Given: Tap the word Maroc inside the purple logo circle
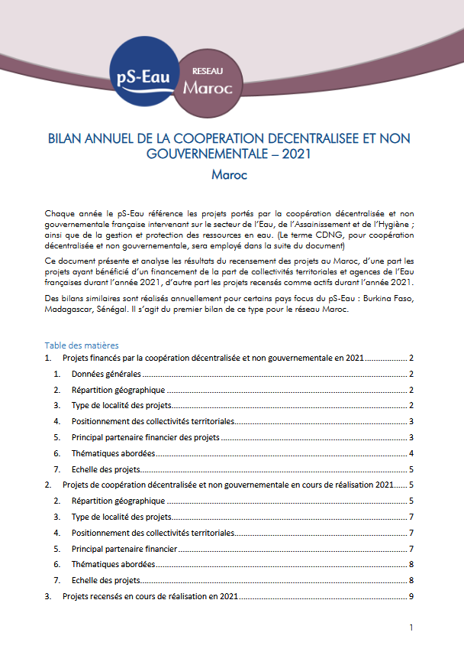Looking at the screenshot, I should [208, 87].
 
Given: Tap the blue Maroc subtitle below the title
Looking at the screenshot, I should [230, 174].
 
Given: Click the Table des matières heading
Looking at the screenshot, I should [82, 345].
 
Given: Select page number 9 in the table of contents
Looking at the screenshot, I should [411, 596].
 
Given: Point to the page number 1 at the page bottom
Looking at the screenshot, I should [411, 629].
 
